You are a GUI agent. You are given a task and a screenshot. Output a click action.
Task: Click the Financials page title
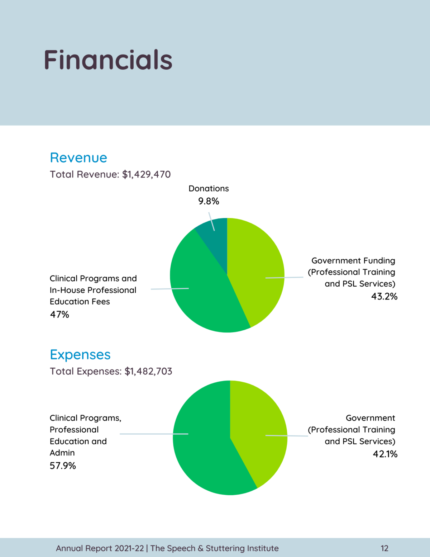point(108,60)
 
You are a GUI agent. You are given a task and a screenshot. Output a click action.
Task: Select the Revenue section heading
point(78,158)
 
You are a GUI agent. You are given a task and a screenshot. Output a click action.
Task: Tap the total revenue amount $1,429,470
point(146,175)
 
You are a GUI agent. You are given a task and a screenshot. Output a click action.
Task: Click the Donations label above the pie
point(209,189)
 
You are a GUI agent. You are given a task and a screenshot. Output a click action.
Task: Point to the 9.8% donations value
point(209,201)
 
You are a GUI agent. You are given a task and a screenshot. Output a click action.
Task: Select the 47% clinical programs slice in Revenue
point(201,294)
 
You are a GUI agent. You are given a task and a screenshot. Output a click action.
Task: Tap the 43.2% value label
point(384,297)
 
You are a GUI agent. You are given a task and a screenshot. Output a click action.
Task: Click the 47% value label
point(59,315)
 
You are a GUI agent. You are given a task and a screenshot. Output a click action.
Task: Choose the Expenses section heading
point(80,355)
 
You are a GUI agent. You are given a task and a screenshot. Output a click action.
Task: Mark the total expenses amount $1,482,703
point(148,371)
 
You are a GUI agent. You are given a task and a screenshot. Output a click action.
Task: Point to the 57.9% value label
point(63,466)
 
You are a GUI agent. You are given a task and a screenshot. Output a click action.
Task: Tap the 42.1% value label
point(385,454)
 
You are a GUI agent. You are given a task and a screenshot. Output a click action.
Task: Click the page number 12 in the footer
point(384,548)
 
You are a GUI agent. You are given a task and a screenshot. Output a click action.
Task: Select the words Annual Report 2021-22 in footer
point(100,548)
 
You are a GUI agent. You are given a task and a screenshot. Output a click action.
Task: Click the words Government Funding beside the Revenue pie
point(353,261)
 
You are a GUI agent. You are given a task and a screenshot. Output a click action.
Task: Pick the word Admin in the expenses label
point(62,453)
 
